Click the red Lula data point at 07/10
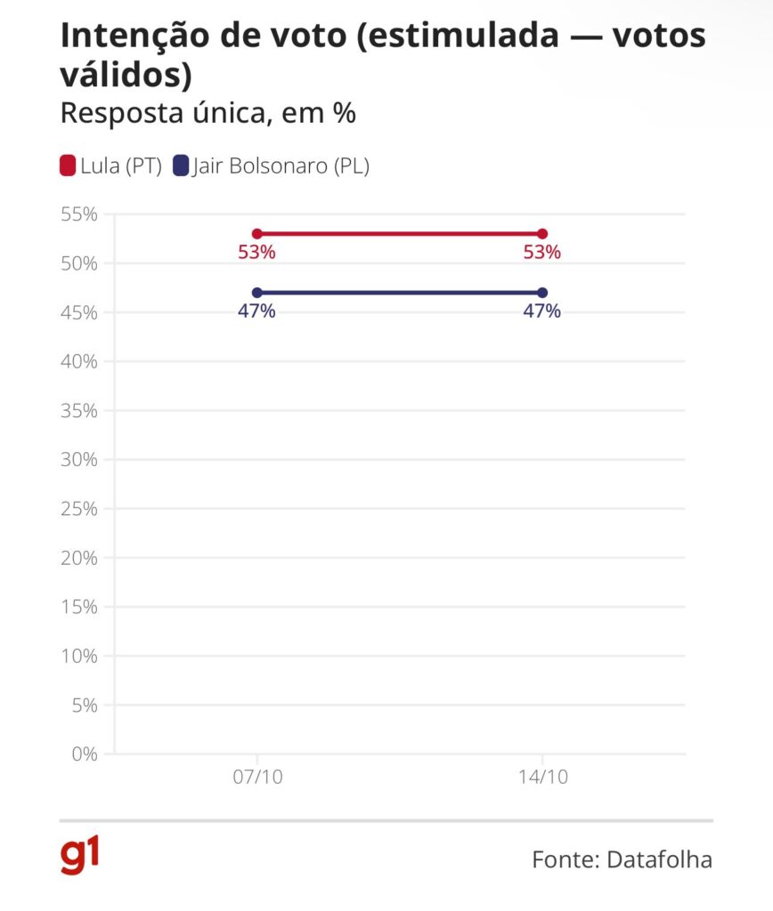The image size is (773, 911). [x=257, y=234]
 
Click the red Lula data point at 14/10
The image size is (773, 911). [x=542, y=234]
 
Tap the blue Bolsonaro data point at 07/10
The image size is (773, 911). [x=257, y=293]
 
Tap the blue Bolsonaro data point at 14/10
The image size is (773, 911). [x=542, y=293]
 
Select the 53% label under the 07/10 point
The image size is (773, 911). [x=256, y=253]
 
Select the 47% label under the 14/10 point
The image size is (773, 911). [x=541, y=311]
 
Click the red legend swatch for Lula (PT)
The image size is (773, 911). [x=68, y=165]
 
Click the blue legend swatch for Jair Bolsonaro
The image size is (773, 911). [x=181, y=165]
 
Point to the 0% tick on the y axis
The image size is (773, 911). [x=83, y=754]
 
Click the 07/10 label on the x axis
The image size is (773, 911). [x=257, y=777]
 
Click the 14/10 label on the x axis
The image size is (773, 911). [x=542, y=777]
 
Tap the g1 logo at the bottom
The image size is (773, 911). [x=79, y=856]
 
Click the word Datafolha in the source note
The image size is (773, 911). [x=659, y=859]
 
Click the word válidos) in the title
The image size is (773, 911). [x=126, y=76]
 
